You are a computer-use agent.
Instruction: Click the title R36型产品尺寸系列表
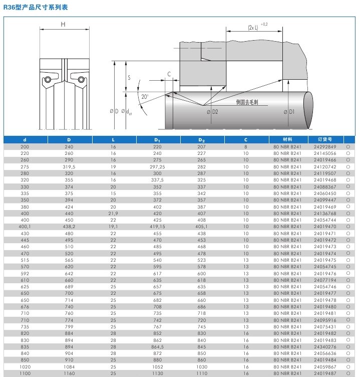click(36, 8)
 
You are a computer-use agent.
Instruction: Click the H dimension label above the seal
click(63, 24)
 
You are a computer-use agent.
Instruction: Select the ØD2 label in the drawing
click(212, 111)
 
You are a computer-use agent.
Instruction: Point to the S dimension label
click(129, 78)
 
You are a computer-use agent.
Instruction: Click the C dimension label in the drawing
click(169, 74)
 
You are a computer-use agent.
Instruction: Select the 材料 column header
click(287, 140)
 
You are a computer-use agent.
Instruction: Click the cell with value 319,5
click(69, 166)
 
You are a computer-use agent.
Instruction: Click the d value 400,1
click(25, 226)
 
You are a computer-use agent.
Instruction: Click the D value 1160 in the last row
click(69, 373)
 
